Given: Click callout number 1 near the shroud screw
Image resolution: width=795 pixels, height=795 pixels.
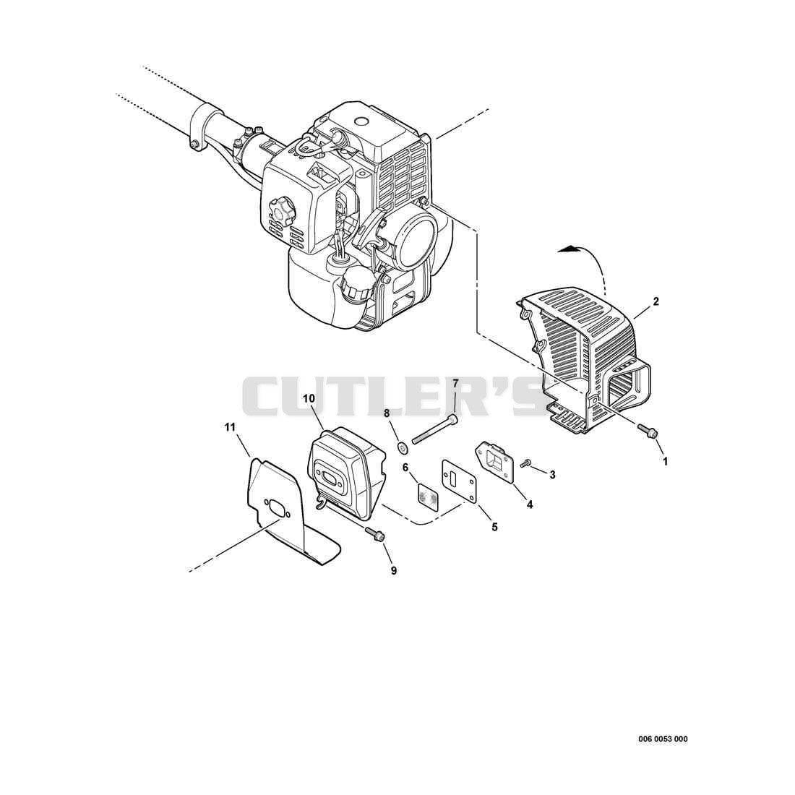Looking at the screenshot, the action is pos(665,461).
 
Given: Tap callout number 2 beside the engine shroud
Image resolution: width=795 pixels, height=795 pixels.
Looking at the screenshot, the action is pos(656,301).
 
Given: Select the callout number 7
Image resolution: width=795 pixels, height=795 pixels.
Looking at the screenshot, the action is pos(455,382).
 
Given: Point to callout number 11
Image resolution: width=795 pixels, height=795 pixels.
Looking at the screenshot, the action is pos(230,427).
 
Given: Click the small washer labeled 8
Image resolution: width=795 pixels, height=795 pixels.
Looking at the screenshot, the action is pos(404,447).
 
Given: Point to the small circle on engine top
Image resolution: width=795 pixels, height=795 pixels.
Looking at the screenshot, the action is pos(361,123).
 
